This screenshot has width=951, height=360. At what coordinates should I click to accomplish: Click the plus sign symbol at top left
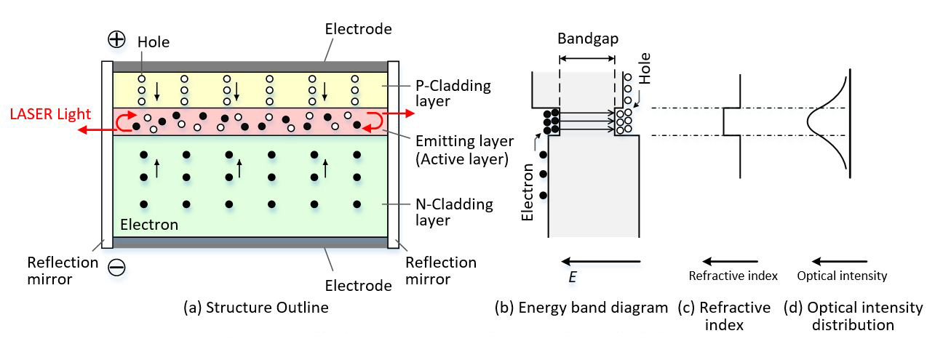116,39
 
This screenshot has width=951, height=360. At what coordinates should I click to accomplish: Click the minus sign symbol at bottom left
116,267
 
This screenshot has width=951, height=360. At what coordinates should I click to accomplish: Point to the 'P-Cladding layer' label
454,94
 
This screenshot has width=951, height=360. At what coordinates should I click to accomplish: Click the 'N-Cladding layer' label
454,212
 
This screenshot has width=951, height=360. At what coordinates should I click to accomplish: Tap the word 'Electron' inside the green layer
148,225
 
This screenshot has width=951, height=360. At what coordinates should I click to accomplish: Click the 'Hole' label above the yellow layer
153,42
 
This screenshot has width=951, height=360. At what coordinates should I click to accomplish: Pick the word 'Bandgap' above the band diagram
588,39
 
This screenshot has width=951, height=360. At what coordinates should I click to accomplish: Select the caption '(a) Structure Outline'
255,308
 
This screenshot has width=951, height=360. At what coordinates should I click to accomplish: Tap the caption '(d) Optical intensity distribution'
853,316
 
